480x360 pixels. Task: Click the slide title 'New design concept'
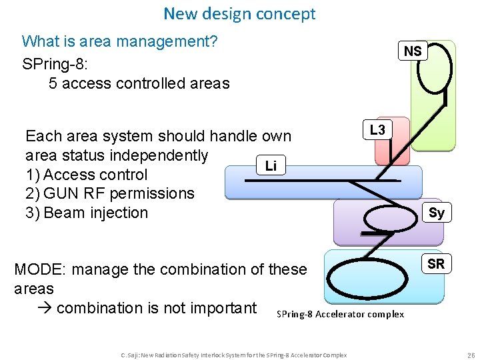[239, 13]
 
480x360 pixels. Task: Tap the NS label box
[413, 51]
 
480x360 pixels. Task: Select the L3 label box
[377, 130]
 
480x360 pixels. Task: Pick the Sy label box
[437, 213]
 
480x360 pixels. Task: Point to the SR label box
[436, 264]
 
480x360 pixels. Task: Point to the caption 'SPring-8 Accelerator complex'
[340, 314]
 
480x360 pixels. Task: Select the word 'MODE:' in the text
[40, 270]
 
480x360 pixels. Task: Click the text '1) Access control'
[86, 175]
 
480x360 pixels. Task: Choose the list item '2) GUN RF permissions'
[109, 194]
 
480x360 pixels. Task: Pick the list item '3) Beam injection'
[86, 213]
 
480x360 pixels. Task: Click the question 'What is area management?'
[120, 41]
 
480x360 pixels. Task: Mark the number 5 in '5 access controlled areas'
[53, 83]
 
